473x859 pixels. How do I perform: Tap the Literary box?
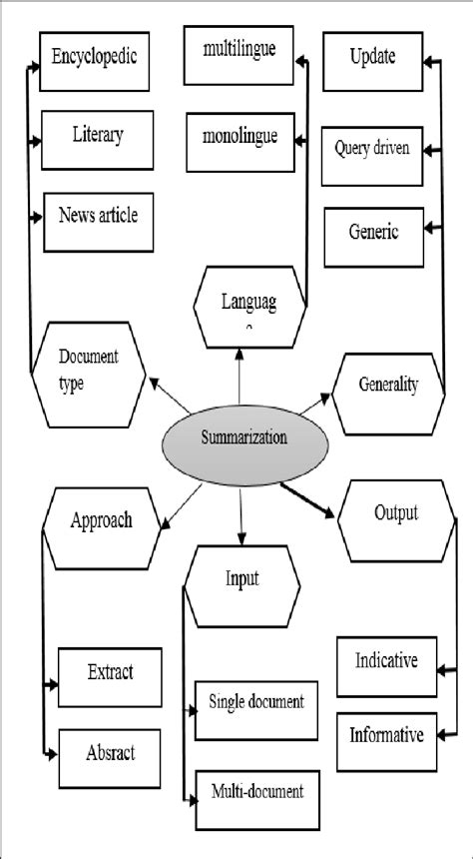[x=98, y=135]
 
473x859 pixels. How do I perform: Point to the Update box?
[x=372, y=58]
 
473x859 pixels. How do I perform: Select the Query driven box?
[x=372, y=151]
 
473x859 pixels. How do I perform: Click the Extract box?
[x=109, y=673]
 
